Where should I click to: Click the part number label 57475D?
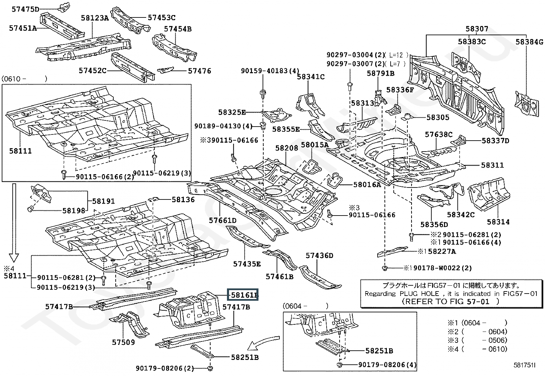pos(26,9)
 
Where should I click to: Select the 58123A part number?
pos(95,18)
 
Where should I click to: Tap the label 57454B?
pos(178,29)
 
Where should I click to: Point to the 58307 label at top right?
pos(477,29)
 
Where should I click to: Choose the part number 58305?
pos(438,117)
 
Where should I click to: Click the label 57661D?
pos(223,220)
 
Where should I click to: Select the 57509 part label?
pos(124,342)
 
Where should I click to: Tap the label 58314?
pos(498,222)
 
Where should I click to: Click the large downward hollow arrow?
pos(14,222)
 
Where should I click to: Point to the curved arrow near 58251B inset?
pos(263,343)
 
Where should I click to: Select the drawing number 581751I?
pos(524,365)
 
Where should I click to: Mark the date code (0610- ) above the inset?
pos(24,79)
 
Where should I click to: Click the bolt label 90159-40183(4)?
pos(270,71)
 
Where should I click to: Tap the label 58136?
pos(183,199)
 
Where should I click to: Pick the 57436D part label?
pos(319,256)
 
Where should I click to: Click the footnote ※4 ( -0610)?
pos(478,349)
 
